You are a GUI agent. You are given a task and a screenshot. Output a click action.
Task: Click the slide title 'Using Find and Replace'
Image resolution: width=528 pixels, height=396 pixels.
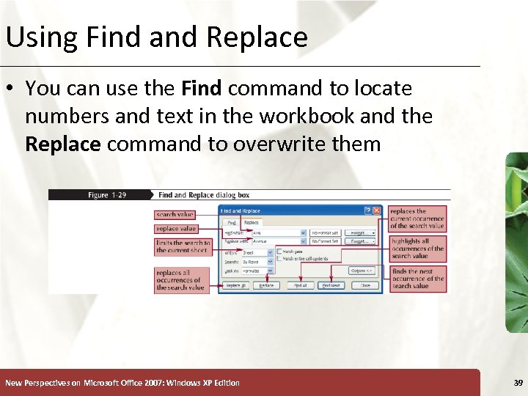pos(156,37)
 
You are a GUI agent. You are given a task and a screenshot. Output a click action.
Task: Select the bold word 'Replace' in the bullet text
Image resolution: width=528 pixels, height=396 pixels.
pos(62,144)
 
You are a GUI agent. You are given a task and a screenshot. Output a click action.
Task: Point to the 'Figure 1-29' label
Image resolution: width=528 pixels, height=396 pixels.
pos(107,195)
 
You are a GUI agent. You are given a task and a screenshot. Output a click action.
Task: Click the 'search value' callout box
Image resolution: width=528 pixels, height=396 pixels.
pos(175,215)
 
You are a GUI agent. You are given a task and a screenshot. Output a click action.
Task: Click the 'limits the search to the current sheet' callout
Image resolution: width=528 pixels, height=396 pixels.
pos(183,246)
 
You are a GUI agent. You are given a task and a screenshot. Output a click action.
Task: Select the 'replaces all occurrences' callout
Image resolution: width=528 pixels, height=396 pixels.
pos(180,280)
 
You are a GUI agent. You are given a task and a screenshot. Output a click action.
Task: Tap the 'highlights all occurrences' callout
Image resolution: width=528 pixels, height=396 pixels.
pos(417,249)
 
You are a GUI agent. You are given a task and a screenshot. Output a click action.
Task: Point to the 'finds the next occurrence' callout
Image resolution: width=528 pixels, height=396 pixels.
pos(417,279)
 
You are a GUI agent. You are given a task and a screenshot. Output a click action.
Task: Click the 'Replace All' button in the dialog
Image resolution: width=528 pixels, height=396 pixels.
pos(235,285)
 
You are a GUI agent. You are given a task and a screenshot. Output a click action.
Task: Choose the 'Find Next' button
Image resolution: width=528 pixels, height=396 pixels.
pos(331,285)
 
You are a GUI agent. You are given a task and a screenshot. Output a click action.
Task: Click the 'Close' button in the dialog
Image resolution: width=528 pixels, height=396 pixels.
pos(364,285)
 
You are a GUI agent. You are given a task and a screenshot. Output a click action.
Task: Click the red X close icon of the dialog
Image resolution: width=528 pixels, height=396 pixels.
pos(376,210)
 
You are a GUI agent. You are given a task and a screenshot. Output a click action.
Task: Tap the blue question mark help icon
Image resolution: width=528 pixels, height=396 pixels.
pos(367,210)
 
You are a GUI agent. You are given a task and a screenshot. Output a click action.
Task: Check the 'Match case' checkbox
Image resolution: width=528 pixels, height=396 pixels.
pos(279,252)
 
